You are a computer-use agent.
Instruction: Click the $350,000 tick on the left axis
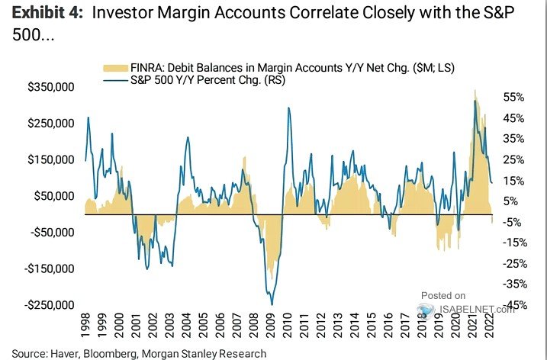pyautogui.click(x=51, y=87)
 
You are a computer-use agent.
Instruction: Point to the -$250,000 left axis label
pyautogui.click(x=50, y=305)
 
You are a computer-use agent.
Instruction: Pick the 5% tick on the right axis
pyautogui.click(x=513, y=201)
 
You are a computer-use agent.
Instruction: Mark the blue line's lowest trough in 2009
pyautogui.click(x=271, y=304)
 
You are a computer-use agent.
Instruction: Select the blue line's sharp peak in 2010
pyautogui.click(x=288, y=108)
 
